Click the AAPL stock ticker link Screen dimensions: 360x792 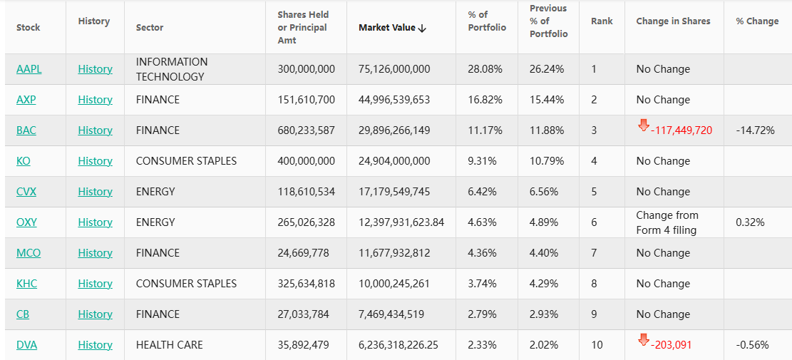coord(29,69)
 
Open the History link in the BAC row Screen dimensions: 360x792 coord(95,130)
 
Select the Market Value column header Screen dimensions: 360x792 coord(386,28)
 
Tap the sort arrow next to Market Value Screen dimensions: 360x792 coord(422,28)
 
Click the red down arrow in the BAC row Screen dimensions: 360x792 coord(644,126)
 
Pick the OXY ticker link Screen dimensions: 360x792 coord(26,222)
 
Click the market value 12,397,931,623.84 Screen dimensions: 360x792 coord(401,222)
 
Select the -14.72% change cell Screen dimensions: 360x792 coord(755,130)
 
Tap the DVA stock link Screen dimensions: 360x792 coord(26,345)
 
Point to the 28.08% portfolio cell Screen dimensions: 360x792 coord(485,69)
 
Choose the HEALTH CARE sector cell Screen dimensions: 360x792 coord(169,345)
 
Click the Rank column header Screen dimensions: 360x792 coord(602,21)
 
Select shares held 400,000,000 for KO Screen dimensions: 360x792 coord(306,161)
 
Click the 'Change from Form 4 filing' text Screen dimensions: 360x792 coord(667,222)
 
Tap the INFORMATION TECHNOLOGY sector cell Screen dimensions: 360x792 coord(172,69)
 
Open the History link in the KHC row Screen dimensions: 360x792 coord(95,284)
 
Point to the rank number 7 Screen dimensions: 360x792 coord(594,253)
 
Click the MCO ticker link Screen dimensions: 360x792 coord(28,253)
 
